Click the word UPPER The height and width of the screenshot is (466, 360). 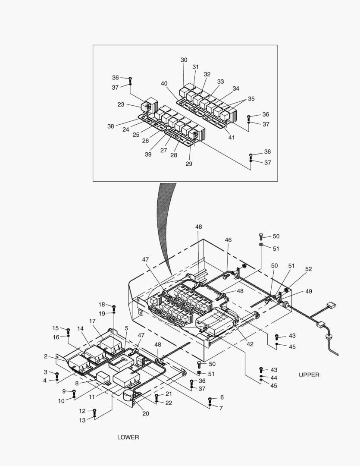tap(309, 375)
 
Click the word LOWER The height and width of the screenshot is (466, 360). tap(128, 437)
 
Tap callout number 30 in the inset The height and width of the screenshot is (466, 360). tap(184, 60)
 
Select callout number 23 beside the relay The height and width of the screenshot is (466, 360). tap(121, 104)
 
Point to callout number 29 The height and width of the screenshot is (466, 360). tap(189, 164)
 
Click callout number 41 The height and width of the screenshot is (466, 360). tap(232, 137)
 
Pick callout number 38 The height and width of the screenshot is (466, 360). tap(111, 126)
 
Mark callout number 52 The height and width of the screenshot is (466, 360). tap(308, 269)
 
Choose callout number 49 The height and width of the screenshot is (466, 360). tap(309, 292)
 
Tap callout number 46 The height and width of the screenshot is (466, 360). tap(228, 239)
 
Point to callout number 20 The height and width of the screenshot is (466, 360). tap(146, 413)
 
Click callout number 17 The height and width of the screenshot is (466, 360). tap(92, 321)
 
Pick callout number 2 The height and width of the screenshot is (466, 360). tap(46, 356)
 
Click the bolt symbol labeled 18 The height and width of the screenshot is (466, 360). tap(114, 307)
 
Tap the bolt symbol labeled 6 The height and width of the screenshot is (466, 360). tap(210, 399)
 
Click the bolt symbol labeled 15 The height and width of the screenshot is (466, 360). tap(68, 330)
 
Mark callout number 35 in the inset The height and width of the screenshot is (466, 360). tap(251, 99)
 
